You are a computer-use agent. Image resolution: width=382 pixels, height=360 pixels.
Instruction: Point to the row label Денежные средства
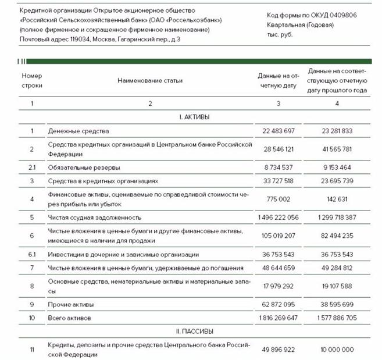coord(78,131)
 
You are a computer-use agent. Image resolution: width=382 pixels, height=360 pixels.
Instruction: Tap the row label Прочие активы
coord(70,304)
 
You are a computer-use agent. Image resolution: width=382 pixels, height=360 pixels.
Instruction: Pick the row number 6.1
coord(32,254)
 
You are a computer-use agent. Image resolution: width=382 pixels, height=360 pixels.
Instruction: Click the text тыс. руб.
coord(280,34)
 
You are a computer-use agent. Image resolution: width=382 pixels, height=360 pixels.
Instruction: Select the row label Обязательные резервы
coord(84,167)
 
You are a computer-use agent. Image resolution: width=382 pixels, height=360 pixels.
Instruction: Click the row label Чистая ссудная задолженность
coord(95,217)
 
